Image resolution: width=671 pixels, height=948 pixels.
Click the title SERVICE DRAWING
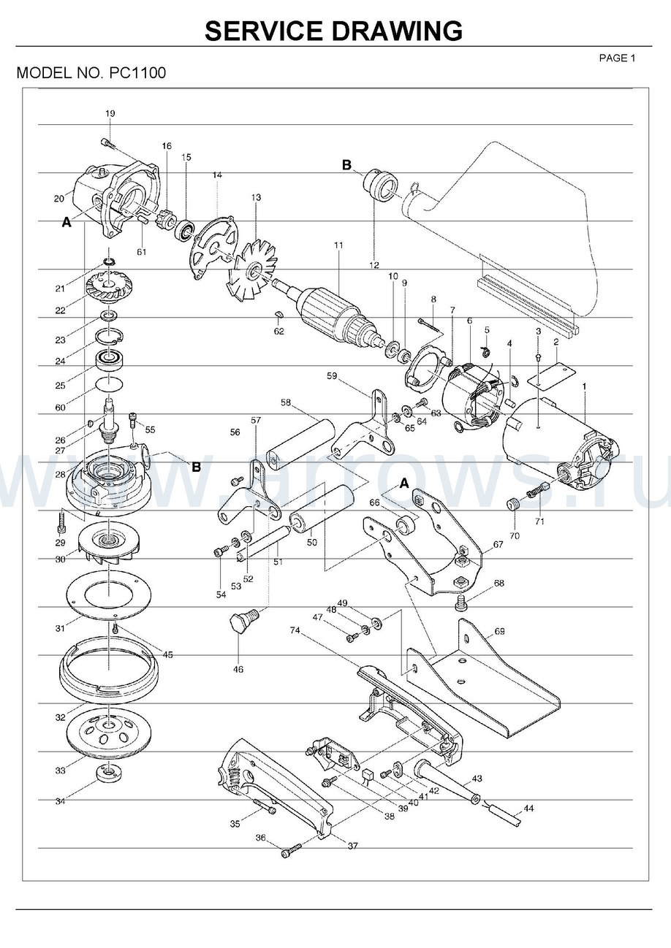(x=333, y=31)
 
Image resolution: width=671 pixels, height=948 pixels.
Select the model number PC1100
(x=137, y=74)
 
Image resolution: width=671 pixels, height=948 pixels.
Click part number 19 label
(x=110, y=113)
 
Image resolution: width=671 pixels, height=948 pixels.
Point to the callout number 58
(x=285, y=402)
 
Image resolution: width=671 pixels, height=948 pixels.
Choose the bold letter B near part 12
(x=347, y=165)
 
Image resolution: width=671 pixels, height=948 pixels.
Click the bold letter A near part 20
(x=67, y=223)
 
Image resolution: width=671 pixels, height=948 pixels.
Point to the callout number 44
(x=528, y=809)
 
